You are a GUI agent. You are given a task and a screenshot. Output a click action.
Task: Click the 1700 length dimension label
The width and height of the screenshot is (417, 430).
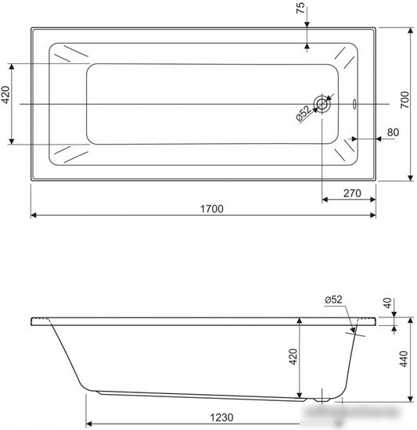211,209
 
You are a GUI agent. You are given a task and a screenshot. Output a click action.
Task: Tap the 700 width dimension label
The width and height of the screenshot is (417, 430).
404,99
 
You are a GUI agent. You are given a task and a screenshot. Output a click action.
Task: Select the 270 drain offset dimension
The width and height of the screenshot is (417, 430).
352,193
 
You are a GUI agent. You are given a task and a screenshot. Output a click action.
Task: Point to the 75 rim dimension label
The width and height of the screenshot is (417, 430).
300,8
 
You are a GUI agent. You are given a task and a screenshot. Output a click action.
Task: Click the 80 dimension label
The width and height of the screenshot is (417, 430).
393,132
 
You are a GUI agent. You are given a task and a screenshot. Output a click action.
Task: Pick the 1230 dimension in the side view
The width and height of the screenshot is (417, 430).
221,417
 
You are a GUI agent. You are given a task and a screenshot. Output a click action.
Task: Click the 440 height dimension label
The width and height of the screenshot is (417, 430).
404,359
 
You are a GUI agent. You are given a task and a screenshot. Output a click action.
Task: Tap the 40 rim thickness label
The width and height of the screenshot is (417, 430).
387,303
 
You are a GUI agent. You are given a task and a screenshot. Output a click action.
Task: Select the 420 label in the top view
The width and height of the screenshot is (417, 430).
6,95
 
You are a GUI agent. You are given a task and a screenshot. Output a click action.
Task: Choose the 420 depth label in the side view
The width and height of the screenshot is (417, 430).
293,357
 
